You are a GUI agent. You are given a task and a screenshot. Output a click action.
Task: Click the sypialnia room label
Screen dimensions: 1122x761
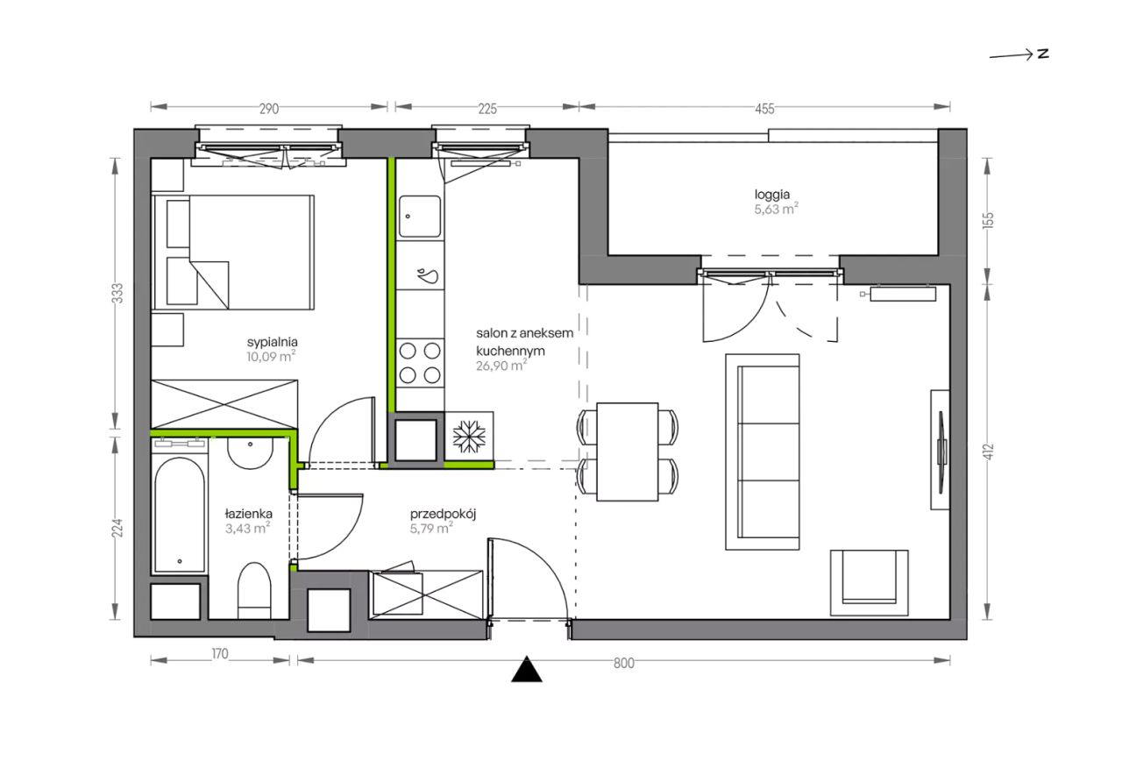(272, 342)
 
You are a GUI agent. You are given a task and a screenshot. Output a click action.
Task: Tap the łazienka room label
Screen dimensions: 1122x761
(248, 514)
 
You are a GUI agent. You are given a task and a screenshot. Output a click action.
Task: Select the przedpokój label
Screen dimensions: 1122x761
(443, 514)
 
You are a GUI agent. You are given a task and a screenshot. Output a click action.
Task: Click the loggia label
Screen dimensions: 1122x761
(772, 195)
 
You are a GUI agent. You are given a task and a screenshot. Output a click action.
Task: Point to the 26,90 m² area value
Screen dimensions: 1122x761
(501, 366)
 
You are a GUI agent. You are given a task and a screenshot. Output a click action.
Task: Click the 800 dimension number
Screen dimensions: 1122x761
(623, 664)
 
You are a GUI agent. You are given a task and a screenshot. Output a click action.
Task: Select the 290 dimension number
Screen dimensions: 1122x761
(268, 109)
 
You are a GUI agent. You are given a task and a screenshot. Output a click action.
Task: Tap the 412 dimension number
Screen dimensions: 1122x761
(988, 452)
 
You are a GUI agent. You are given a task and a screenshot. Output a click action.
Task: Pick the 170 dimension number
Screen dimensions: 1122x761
(219, 654)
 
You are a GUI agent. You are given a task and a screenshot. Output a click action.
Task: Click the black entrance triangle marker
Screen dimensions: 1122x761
(527, 670)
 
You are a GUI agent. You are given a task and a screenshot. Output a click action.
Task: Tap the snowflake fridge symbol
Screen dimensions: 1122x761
(469, 436)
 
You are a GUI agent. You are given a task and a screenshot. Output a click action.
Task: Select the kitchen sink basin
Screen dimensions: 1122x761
(420, 216)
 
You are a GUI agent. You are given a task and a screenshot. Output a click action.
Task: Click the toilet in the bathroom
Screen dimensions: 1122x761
(254, 590)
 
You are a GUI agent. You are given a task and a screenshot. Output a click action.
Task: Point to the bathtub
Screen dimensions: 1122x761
(180, 514)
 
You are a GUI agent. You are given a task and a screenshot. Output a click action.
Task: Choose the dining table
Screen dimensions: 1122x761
(627, 452)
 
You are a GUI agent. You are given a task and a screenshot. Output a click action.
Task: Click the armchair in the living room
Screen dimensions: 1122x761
(869, 583)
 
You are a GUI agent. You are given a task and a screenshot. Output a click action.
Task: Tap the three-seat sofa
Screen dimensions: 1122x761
(763, 452)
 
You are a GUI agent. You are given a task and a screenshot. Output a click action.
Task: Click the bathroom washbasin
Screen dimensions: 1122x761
(250, 453)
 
